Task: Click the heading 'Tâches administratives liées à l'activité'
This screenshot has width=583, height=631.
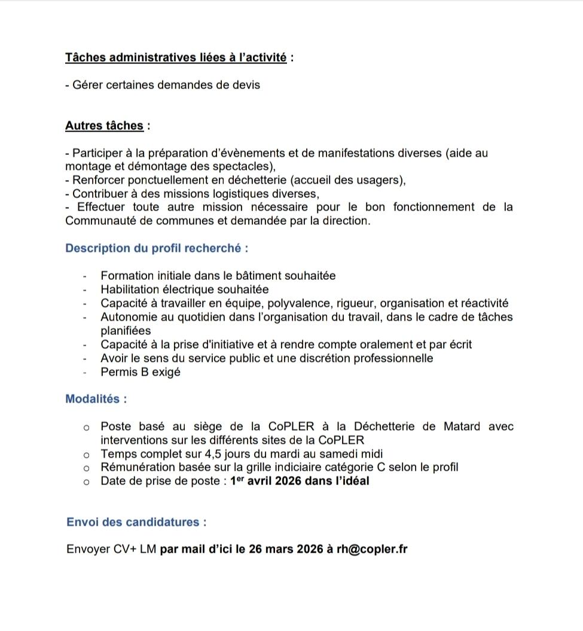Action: tap(176, 58)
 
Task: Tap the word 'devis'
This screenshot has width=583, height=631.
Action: tap(246, 85)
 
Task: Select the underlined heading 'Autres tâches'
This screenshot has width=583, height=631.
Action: tap(104, 126)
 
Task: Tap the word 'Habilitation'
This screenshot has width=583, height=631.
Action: tap(132, 289)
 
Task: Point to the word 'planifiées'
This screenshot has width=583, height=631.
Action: tap(126, 330)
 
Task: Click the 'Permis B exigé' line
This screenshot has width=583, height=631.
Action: tap(141, 372)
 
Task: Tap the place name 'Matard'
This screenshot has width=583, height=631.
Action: tap(462, 426)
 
